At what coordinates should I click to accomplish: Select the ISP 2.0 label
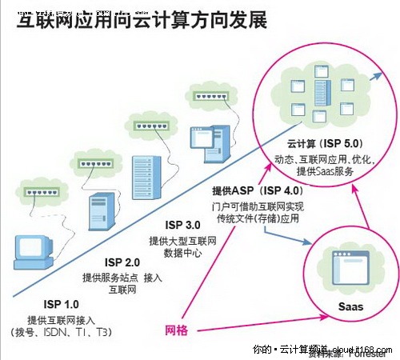click(122, 262)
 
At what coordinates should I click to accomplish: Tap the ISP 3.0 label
click(181, 225)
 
